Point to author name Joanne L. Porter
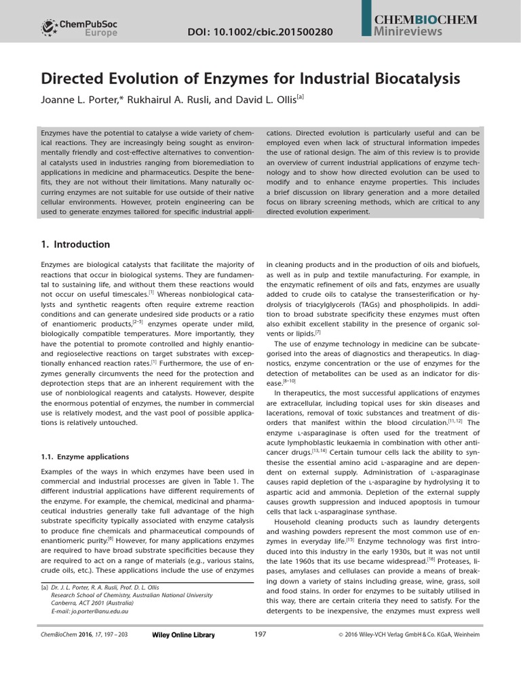pyautogui.click(x=85, y=98)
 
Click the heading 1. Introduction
pyautogui.click(x=75, y=244)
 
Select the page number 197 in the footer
pyautogui.click(x=260, y=634)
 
